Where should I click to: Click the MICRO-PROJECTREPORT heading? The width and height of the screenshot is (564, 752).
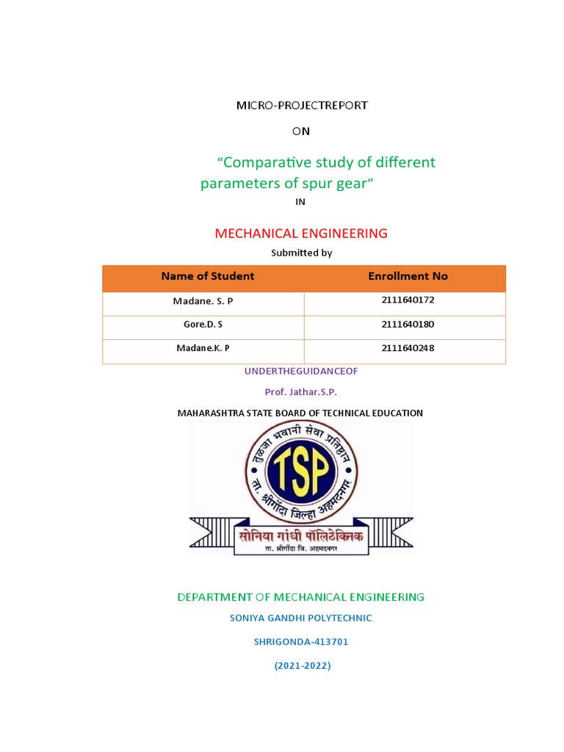tap(301, 105)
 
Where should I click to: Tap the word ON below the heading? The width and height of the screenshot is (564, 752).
tap(301, 131)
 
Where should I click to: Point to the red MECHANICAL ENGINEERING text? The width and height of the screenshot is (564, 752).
tap(301, 234)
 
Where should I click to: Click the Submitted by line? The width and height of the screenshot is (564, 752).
tap(301, 253)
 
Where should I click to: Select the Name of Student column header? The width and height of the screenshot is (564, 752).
tap(207, 276)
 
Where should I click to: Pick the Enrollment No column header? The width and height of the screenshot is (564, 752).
tap(408, 276)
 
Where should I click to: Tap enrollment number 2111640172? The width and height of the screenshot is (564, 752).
tap(408, 300)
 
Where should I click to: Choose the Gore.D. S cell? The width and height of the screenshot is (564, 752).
tap(204, 325)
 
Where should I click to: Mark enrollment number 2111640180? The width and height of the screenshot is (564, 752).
tap(408, 324)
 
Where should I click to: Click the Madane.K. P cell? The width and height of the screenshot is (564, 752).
tap(204, 348)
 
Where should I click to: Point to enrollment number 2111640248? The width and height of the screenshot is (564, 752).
tap(408, 347)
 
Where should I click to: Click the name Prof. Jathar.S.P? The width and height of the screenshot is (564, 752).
tap(301, 392)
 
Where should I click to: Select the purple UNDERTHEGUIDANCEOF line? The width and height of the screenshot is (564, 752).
tap(301, 372)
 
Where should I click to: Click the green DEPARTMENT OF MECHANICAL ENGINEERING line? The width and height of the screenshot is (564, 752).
tap(301, 597)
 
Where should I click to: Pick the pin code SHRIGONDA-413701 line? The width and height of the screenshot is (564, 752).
tap(301, 642)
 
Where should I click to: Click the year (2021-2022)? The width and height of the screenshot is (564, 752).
tap(303, 666)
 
